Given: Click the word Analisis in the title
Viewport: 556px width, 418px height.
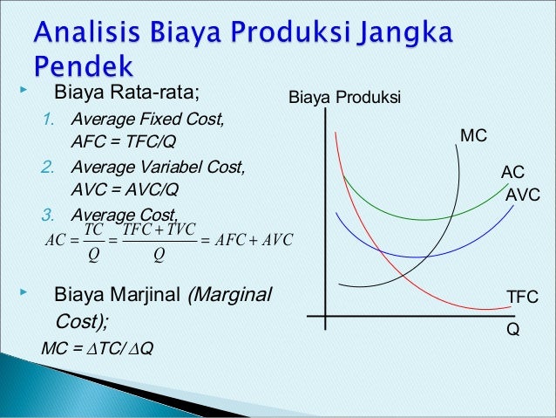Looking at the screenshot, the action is [x=86, y=31].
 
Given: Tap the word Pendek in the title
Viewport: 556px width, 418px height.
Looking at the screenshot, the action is [x=84, y=66].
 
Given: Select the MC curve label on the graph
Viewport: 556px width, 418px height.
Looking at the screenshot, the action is [x=473, y=135].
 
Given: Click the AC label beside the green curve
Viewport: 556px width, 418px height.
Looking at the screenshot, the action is [x=512, y=172].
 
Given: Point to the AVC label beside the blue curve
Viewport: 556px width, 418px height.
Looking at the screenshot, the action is [x=523, y=195].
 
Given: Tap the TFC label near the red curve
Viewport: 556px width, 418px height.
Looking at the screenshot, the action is [x=522, y=297].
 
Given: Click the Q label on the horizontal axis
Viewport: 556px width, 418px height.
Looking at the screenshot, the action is [x=513, y=329].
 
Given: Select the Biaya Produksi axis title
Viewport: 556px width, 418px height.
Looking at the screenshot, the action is [x=344, y=98].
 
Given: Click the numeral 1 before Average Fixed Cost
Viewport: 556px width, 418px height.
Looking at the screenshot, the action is [x=49, y=119].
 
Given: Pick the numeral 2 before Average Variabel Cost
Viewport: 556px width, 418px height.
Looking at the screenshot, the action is [x=48, y=167].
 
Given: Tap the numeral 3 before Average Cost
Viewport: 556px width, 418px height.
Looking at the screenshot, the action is [x=48, y=215].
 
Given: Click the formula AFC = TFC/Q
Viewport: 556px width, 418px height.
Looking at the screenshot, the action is [x=124, y=141].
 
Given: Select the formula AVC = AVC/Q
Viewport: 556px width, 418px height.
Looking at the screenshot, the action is [x=125, y=189].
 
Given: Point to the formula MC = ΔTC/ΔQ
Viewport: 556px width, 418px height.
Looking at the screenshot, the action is [x=98, y=348].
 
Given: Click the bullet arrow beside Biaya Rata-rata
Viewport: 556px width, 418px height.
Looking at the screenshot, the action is [x=24, y=90].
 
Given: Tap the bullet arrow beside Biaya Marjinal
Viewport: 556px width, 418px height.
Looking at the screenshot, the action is [x=24, y=292].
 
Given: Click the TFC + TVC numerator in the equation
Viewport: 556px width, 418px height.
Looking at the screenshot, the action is [x=159, y=230].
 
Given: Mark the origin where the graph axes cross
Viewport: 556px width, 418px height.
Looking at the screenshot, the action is [x=325, y=316].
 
